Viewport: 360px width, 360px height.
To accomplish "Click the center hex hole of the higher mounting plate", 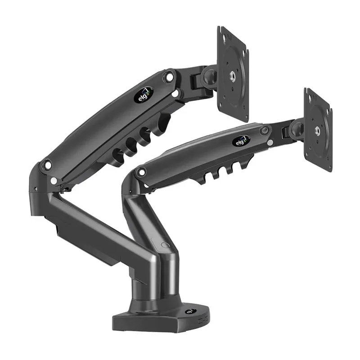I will coord(234,76).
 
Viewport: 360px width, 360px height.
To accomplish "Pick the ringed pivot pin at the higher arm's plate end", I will coord(170,77).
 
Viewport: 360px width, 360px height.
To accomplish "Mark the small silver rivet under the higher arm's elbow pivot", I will coord(54,181).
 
